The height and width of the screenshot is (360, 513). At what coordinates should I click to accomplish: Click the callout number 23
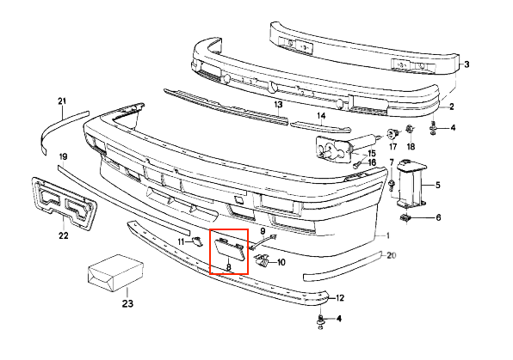click(x=127, y=303)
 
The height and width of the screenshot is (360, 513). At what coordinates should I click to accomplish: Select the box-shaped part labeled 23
click(x=115, y=272)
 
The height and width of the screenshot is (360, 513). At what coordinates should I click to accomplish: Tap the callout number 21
click(x=62, y=101)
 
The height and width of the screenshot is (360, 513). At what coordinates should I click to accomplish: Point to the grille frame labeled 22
click(x=65, y=202)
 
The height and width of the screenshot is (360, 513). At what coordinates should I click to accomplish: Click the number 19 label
click(x=63, y=157)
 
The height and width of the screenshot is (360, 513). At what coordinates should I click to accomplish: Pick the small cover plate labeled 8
click(x=229, y=250)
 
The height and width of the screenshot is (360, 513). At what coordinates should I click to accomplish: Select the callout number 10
click(x=281, y=262)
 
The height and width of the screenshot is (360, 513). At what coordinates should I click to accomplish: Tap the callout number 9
click(x=263, y=231)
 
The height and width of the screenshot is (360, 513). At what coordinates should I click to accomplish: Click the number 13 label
click(x=278, y=105)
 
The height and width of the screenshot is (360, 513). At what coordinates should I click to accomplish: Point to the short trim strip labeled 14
click(x=320, y=126)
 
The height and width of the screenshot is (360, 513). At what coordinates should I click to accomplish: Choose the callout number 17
click(x=392, y=147)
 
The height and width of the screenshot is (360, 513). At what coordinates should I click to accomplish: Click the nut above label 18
click(x=410, y=130)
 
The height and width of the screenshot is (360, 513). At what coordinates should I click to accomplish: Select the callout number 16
click(x=372, y=162)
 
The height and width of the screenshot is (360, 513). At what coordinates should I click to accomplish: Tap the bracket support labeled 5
click(x=411, y=183)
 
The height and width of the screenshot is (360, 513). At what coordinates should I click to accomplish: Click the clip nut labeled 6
click(x=406, y=218)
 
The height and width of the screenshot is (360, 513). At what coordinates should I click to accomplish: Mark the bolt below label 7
click(x=392, y=185)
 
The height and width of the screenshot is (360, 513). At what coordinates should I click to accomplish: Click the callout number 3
click(x=467, y=64)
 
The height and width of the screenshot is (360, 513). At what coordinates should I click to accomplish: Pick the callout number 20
click(x=392, y=255)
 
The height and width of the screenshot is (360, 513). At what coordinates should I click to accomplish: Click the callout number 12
click(x=340, y=298)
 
